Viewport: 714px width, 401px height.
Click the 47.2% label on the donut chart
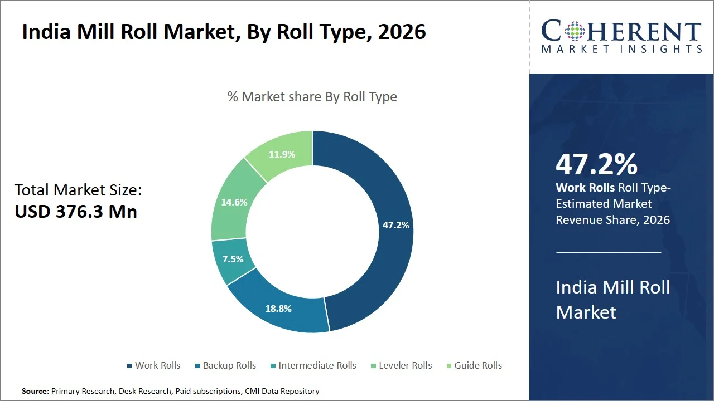[x=395, y=225]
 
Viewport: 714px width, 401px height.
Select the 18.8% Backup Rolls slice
[x=278, y=308]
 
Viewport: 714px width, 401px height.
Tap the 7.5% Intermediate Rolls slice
[x=232, y=260]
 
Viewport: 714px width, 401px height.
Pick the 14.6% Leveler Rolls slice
[x=234, y=202]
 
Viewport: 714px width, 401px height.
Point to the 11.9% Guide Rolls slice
[x=282, y=154]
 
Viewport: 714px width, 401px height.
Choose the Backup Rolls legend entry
[x=225, y=365]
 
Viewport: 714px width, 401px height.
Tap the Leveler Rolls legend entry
[x=401, y=365]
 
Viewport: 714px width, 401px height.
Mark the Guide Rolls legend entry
[x=474, y=365]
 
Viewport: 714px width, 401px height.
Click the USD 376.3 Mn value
[x=76, y=212]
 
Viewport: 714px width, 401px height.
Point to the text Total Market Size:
[x=78, y=190]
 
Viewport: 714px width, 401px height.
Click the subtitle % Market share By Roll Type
[x=312, y=96]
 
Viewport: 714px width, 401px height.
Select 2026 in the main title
[x=402, y=32]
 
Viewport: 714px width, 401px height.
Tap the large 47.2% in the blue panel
[x=596, y=164]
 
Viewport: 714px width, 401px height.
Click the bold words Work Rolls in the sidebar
[x=585, y=188]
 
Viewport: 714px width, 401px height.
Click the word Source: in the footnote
[x=35, y=391]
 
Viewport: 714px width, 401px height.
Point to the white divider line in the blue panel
[x=609, y=252]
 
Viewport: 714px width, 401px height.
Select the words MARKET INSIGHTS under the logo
[x=621, y=49]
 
